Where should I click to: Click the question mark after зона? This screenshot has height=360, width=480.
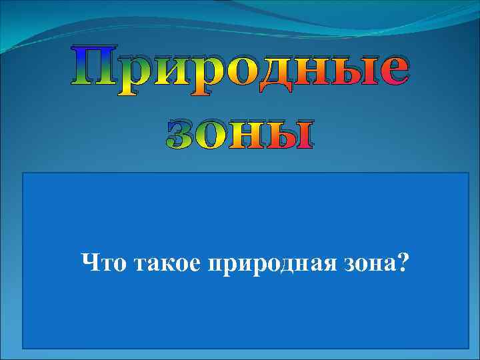(403, 265)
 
